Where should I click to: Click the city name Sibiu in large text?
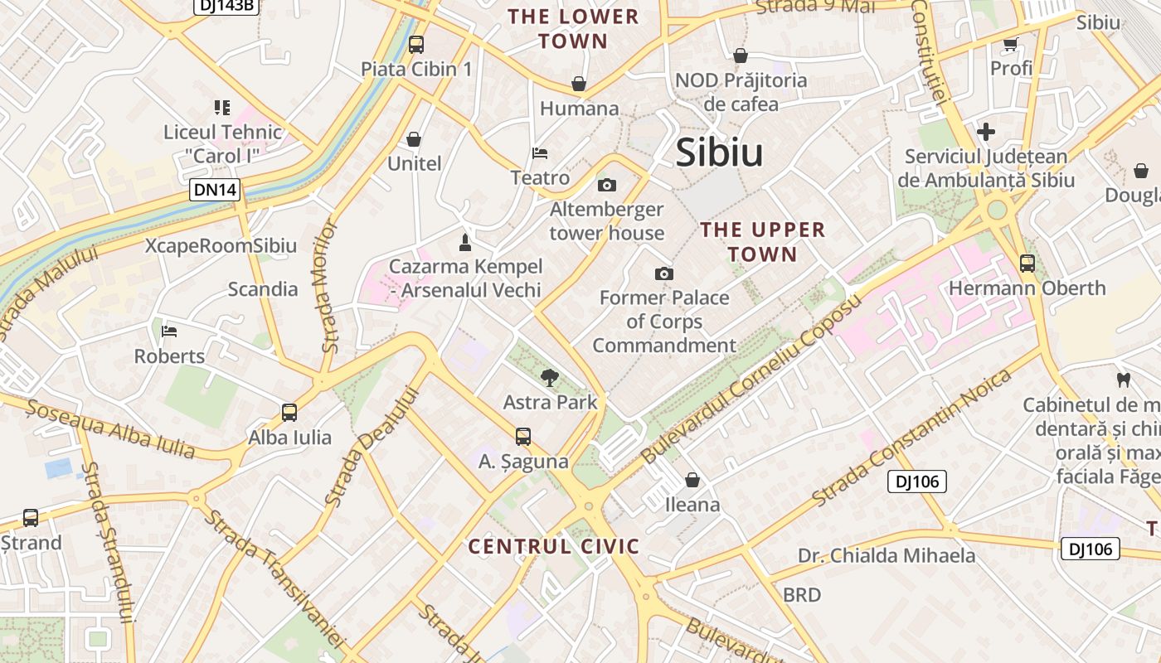pos(719,152)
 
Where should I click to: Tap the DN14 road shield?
pos(215,190)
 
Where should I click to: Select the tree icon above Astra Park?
pos(549,379)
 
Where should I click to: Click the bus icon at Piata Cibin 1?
pos(416,45)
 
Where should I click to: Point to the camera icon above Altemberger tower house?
pos(607,185)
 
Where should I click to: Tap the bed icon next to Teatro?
pos(540,153)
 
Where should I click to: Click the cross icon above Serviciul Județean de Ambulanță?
pos(986,132)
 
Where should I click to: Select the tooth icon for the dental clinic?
pos(1124,380)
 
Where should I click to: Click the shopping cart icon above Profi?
pos(1011,44)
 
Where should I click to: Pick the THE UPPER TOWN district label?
pos(763,242)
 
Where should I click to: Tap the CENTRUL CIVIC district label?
pos(554,546)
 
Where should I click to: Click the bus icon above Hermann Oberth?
pos(1027,264)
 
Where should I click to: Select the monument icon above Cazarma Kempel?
pos(465,243)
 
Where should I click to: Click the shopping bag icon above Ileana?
pos(692,480)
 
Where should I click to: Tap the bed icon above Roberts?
pos(169,331)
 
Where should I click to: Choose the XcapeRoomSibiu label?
pos(221,246)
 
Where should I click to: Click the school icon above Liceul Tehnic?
pos(221,108)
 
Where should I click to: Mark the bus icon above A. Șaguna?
pos(523,436)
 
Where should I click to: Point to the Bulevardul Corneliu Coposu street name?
pos(752,379)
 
